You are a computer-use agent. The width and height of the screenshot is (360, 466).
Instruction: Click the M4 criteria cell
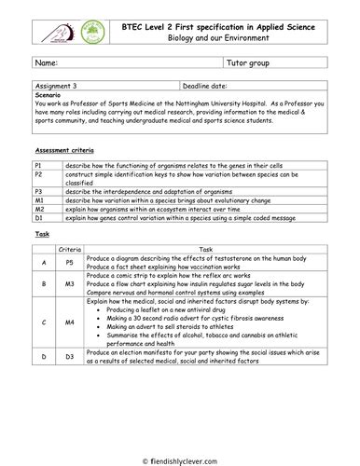pos(70,322)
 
